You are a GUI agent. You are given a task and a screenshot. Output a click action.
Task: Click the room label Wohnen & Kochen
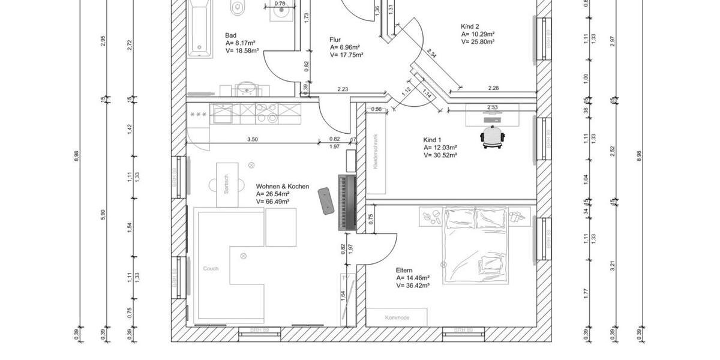(x=282, y=187)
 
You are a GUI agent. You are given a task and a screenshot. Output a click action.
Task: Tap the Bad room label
(x=230, y=35)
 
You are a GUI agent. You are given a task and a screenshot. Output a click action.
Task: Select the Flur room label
(x=335, y=40)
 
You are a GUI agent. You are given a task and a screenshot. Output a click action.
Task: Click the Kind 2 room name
(x=470, y=26)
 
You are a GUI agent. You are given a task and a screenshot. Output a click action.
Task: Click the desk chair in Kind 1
(x=493, y=137)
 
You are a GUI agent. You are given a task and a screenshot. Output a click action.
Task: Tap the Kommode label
(x=397, y=317)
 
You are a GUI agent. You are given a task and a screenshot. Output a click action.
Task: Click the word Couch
(x=211, y=268)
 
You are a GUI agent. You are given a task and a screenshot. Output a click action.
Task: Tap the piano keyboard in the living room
(x=347, y=203)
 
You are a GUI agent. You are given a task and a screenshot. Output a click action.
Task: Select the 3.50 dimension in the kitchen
(x=253, y=140)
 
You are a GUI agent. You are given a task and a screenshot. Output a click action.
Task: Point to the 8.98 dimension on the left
(x=76, y=156)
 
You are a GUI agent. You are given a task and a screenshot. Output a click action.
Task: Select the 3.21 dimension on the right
(x=612, y=264)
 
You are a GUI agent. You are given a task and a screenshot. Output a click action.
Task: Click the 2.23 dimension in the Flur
(x=343, y=89)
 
